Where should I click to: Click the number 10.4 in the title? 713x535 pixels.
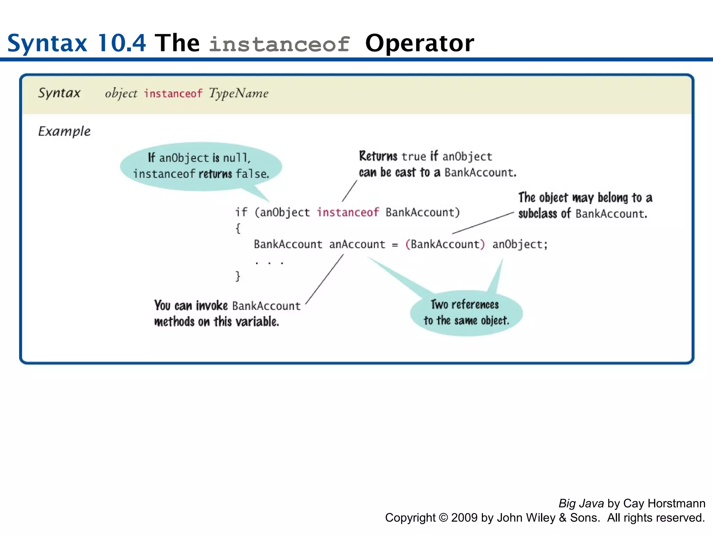tap(122, 43)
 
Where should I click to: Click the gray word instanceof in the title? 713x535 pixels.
tap(279, 45)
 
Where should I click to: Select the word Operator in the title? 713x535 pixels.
tap(419, 43)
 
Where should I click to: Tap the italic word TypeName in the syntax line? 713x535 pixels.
tap(238, 93)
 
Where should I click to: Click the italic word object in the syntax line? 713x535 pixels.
tap(121, 94)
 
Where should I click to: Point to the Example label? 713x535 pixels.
tap(64, 131)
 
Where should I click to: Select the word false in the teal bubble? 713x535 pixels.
tap(252, 173)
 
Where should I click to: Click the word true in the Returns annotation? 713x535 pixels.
tap(414, 157)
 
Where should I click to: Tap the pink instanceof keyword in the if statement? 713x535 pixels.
tap(347, 212)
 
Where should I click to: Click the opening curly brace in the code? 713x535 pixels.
tap(238, 228)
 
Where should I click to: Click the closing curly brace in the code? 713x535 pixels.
tap(238, 276)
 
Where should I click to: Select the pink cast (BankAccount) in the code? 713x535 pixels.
tap(445, 244)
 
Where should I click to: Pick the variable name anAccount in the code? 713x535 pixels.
tap(357, 244)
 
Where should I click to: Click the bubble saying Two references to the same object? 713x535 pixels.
tap(466, 313)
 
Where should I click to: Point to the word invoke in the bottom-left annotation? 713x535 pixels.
tap(211, 305)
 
